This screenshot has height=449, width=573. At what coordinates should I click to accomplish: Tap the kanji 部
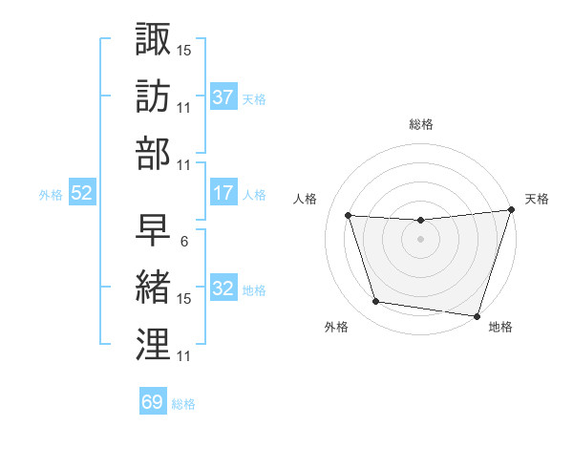[x=153, y=155]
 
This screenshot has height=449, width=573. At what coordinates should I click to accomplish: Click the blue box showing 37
[x=223, y=96]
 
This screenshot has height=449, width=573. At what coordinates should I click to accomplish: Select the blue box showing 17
[x=223, y=193]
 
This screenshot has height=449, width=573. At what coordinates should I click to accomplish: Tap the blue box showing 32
[x=223, y=289]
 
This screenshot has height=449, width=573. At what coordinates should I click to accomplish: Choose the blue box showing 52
[x=82, y=193]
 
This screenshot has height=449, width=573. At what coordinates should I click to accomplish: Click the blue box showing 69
[x=152, y=402]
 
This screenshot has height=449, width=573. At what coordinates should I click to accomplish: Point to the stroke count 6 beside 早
[x=182, y=241]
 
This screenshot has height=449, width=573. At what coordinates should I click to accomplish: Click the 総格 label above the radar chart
[x=421, y=124]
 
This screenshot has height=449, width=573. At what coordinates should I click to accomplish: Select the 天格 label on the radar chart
[x=537, y=199]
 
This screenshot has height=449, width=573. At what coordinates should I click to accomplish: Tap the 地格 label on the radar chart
[x=500, y=327]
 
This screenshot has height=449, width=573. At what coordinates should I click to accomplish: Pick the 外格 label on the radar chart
[x=337, y=327]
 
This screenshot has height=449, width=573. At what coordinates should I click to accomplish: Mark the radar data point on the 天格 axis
[x=511, y=211]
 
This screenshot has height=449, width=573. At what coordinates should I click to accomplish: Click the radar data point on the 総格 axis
[x=420, y=221]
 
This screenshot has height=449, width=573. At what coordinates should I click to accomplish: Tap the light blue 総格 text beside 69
[x=184, y=403]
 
